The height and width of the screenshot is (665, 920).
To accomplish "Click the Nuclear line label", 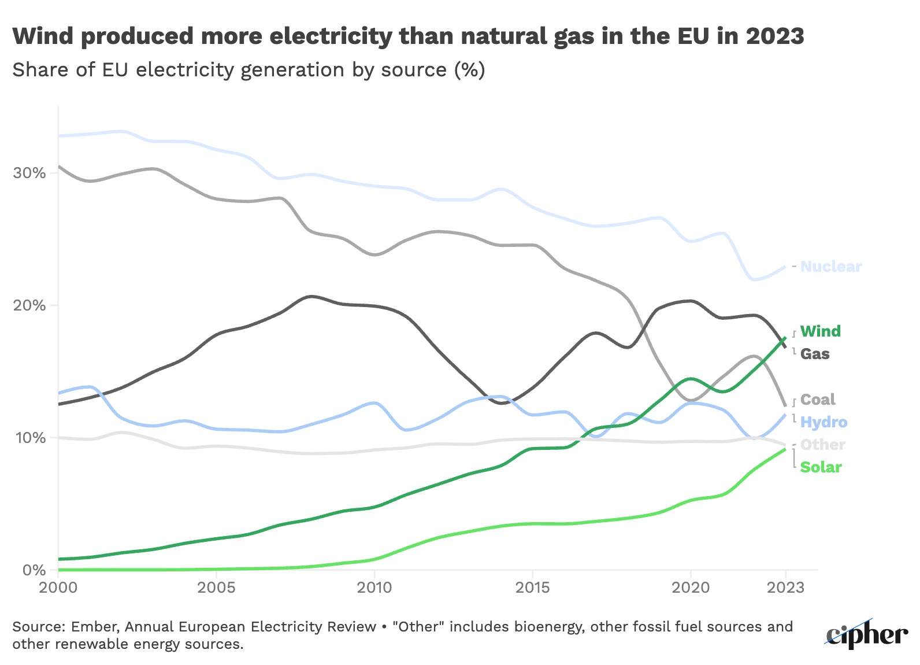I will point(830,267).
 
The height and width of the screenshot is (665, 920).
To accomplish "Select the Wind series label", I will point(820,331).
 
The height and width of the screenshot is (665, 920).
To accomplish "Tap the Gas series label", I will point(814,354).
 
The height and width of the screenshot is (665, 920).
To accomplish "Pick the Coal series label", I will point(817,400).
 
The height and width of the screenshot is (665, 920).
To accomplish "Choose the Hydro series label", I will point(823,422).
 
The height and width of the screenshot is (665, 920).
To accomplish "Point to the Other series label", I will point(822,445).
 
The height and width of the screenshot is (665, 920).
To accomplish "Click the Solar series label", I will point(821,467).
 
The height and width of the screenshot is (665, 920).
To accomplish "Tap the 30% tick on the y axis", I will point(29,173).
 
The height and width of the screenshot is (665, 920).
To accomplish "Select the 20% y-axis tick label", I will point(29,305).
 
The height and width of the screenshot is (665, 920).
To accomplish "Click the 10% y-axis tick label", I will point(29,438).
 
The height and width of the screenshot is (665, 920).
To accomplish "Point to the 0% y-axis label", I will point(34,570).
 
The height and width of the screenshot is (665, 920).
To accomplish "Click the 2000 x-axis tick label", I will point(58,588).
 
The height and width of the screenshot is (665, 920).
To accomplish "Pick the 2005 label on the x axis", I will point(216,588).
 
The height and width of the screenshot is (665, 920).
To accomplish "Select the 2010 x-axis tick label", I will point(374,588).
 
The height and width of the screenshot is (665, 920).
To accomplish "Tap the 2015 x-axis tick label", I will point(532,588).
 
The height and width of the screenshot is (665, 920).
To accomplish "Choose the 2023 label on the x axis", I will point(785,588).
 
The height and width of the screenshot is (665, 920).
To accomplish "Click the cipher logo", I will point(866,634).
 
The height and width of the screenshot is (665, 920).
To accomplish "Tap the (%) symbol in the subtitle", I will point(469,70).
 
